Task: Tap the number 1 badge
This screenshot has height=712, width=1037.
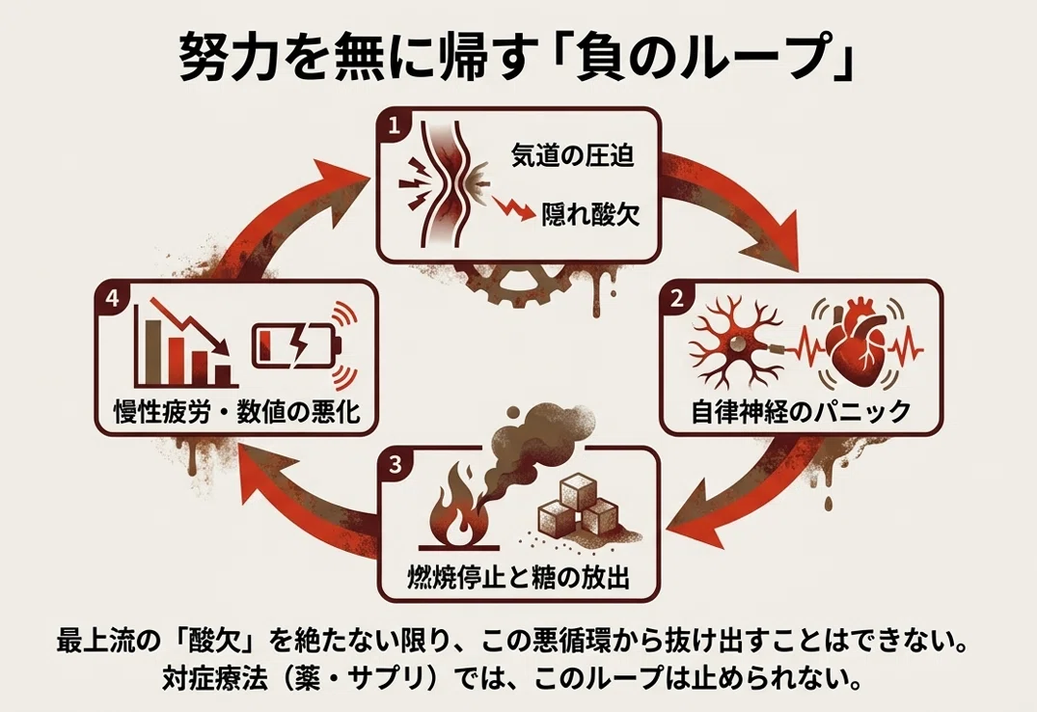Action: coord(394,126)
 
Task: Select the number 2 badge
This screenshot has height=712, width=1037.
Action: coord(676,298)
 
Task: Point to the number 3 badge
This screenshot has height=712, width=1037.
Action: coord(395,464)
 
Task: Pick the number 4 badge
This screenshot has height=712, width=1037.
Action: coord(111,298)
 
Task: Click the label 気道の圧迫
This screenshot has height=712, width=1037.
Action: coord(573,155)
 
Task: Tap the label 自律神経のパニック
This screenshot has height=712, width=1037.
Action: coord(801,412)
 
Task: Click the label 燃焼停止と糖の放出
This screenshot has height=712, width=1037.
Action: coord(518,577)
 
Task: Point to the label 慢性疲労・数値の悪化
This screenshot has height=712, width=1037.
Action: coord(237,412)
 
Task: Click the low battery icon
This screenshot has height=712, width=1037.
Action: coord(296,344)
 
